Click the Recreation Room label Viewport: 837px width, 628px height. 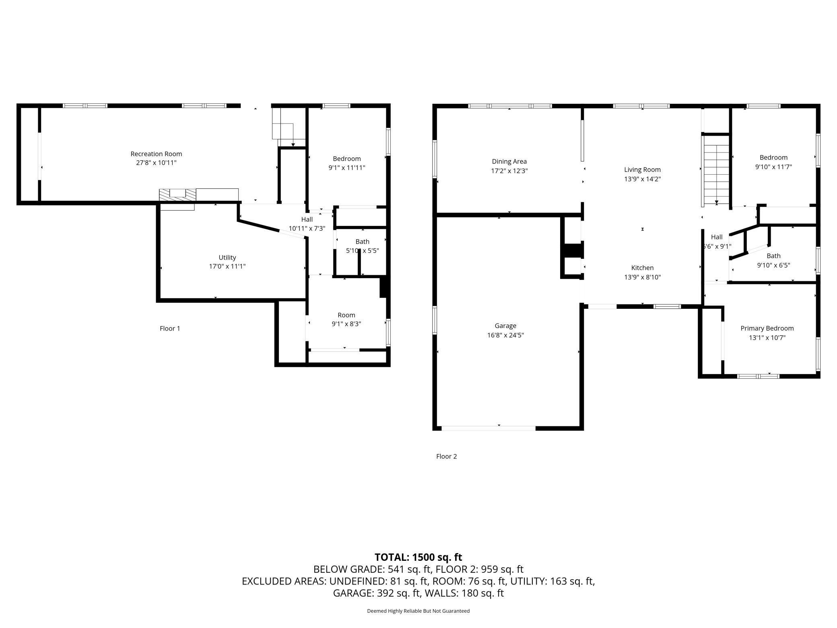(x=156, y=154)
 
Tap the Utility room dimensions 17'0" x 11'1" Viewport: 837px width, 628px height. (x=227, y=266)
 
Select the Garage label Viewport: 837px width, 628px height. (x=505, y=326)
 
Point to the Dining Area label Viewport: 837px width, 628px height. (x=509, y=161)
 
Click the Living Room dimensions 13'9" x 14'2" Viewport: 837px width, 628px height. (x=642, y=179)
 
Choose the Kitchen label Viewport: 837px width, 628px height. (x=642, y=268)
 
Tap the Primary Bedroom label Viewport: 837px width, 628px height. (x=767, y=328)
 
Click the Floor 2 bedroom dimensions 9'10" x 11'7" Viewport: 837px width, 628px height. (x=773, y=167)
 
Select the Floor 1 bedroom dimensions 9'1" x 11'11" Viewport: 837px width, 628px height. (x=346, y=167)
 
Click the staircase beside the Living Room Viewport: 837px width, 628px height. (x=716, y=171)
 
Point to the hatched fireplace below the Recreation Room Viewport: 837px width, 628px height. (x=177, y=195)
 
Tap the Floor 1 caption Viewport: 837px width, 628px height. (x=170, y=328)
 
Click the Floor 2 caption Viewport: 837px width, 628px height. (x=446, y=456)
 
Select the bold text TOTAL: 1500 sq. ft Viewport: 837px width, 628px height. (x=418, y=557)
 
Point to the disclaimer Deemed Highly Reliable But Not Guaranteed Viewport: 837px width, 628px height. (x=418, y=611)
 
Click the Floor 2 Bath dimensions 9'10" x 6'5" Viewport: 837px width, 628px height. (x=773, y=265)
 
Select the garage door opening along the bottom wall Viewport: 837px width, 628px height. (x=489, y=428)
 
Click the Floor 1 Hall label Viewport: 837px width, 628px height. (x=307, y=219)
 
